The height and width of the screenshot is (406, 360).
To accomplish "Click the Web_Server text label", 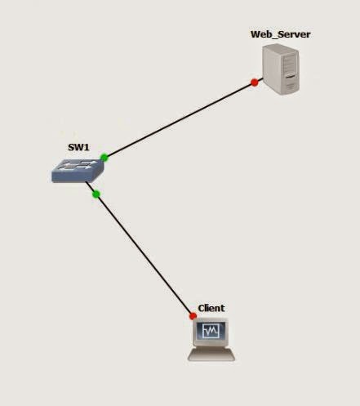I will [280, 33].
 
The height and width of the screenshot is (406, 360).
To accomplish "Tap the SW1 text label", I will [78, 149].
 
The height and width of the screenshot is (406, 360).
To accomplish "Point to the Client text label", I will [211, 308].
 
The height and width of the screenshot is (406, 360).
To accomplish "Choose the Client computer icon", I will [211, 339].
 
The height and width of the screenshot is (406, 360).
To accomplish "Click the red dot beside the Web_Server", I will [255, 82].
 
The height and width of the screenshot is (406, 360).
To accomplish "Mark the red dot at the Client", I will [193, 315].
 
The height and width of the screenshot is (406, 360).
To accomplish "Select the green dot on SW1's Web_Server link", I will [104, 157].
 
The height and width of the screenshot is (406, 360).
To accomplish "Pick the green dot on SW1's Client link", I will [96, 194].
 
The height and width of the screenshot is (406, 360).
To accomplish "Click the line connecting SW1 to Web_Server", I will [180, 119].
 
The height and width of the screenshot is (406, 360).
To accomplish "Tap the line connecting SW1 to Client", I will [144, 254].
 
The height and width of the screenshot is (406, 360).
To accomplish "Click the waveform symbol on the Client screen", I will [211, 332].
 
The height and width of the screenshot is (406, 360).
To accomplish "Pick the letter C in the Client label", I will [201, 308].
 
